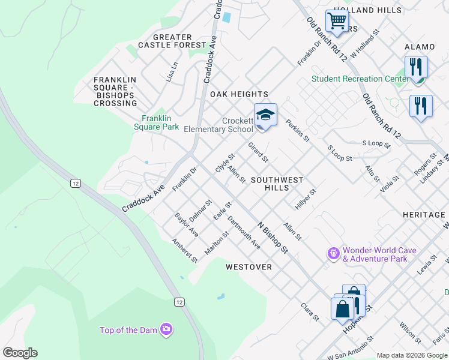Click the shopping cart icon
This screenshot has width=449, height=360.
pyautogui.click(x=337, y=21)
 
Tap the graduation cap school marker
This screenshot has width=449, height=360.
pyautogui.click(x=265, y=114)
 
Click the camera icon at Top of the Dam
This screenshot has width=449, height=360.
pyautogui.click(x=166, y=329)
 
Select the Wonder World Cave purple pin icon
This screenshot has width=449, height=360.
pyautogui.click(x=334, y=254)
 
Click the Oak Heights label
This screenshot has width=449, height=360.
pyautogui.click(x=239, y=94)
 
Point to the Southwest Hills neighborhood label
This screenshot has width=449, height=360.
pyautogui.click(x=277, y=184)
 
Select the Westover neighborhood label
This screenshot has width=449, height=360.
pyautogui.click(x=249, y=266)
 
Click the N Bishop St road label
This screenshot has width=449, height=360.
pyautogui.click(x=273, y=237)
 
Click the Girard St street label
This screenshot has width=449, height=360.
pyautogui.click(x=258, y=152)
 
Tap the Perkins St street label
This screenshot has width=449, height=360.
pyautogui.click(x=297, y=131)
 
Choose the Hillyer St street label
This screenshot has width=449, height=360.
pyautogui.click(x=305, y=199)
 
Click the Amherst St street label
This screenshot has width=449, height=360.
pyautogui.click(x=184, y=250)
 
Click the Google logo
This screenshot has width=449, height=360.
pyautogui.click(x=20, y=353)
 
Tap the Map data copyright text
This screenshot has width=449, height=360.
pyautogui.click(x=412, y=355)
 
